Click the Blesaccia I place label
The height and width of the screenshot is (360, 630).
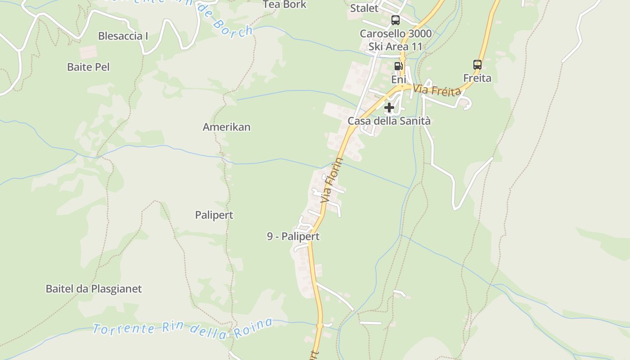123,36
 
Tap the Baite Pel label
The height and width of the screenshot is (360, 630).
88,67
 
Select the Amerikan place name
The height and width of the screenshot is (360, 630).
226,127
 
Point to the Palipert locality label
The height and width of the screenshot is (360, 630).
214,215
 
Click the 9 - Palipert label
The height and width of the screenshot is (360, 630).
293,236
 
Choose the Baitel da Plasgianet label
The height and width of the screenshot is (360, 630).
94,289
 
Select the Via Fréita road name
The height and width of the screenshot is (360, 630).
437,89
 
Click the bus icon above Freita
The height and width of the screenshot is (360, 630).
477,65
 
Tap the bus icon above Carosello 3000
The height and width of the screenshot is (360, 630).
396,20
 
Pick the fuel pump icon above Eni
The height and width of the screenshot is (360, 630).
398,66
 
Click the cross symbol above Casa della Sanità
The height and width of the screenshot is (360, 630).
389,108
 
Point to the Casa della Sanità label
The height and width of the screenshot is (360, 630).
389,121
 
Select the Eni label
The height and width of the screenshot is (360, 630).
399,80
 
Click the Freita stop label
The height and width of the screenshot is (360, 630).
477,78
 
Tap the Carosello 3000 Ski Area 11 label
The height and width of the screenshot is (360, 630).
396,40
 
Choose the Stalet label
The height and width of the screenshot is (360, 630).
364,8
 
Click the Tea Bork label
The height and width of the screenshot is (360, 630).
284,4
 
